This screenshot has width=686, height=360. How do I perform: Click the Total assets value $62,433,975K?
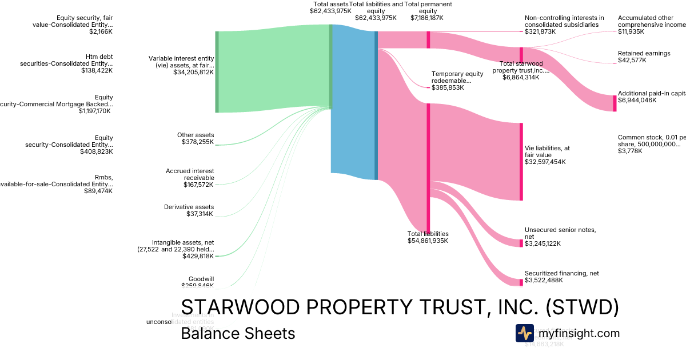[x=330, y=11]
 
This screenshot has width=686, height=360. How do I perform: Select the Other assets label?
[x=195, y=135]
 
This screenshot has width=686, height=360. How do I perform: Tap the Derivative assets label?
[x=189, y=207]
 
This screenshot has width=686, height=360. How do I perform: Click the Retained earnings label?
[x=644, y=53]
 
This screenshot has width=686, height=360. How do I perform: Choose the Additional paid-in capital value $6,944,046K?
[x=637, y=100]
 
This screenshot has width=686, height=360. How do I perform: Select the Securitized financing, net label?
[x=561, y=273]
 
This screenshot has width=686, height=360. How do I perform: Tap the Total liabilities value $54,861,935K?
[x=427, y=241]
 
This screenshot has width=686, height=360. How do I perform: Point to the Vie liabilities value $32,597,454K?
[x=545, y=162]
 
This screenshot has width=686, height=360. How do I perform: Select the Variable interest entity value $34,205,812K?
[x=193, y=73]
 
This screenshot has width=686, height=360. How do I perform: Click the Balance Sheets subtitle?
[x=238, y=334]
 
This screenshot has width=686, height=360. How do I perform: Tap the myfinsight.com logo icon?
[x=524, y=333]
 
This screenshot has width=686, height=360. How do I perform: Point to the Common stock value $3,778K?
[x=630, y=151]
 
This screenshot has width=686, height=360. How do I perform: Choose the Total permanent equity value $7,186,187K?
[x=426, y=18]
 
